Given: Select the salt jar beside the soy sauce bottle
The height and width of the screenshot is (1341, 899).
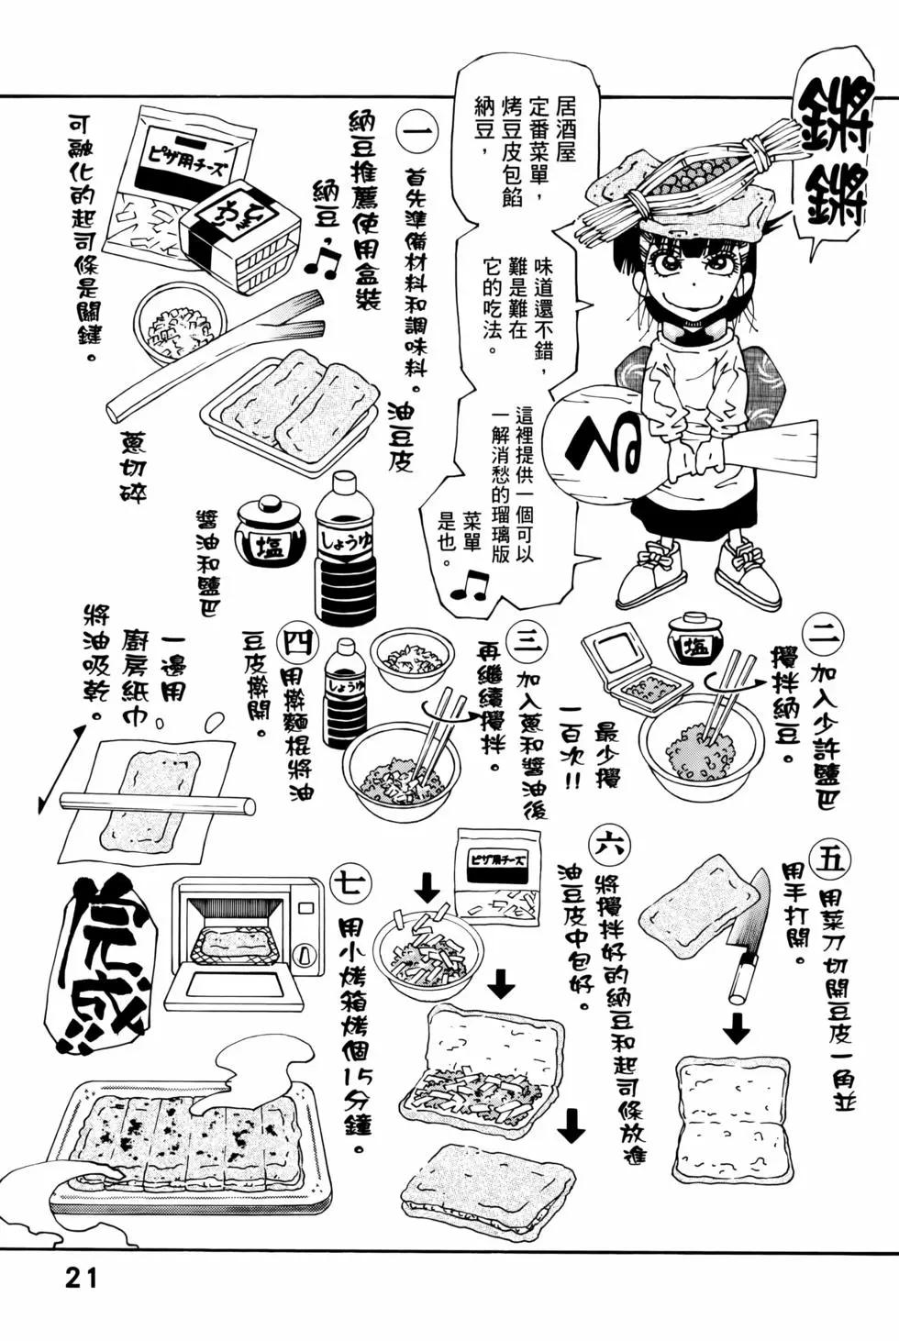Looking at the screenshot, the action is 265,531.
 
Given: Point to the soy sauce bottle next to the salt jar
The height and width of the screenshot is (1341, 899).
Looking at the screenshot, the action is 344,546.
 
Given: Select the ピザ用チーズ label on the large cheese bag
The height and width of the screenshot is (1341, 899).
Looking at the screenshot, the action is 187,159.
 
